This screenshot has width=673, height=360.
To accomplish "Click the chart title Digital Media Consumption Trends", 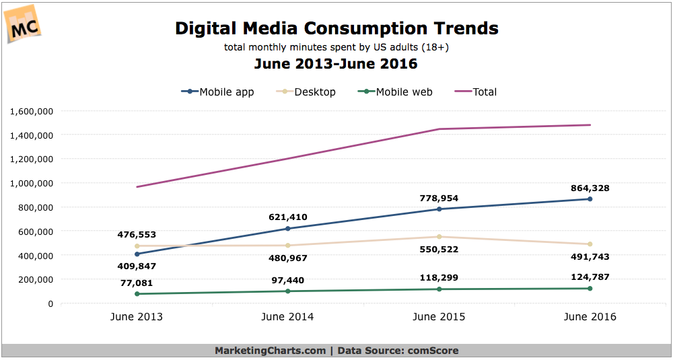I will click(336, 29).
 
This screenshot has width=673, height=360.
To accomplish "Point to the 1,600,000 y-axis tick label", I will click(32, 111).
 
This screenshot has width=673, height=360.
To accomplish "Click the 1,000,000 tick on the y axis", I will click(32, 183).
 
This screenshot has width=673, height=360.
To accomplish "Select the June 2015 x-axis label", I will click(439, 317).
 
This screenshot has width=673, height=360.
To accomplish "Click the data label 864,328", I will click(590, 188).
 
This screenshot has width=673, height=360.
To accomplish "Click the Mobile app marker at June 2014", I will click(288, 229).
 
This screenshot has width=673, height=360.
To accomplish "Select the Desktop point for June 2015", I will click(439, 237).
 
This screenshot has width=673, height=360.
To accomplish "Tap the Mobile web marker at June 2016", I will click(590, 289).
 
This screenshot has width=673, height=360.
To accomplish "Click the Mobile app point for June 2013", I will click(137, 254).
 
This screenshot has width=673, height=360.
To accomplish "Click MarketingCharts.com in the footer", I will click(269, 351).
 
